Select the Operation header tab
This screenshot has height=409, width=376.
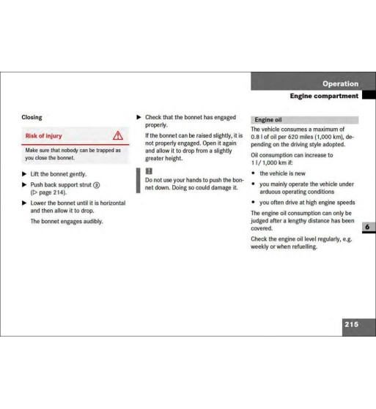click(x=340, y=83)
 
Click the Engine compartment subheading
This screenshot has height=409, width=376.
click(x=323, y=96)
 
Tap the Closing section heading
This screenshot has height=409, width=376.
click(x=32, y=117)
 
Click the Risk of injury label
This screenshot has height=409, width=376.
click(x=44, y=135)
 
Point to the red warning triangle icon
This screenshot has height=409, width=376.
click(x=117, y=135)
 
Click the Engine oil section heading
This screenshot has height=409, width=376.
click(x=268, y=120)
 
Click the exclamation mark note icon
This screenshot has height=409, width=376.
click(x=148, y=170)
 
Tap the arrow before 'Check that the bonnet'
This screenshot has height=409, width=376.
click(x=139, y=117)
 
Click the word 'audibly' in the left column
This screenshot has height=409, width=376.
click(x=91, y=221)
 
